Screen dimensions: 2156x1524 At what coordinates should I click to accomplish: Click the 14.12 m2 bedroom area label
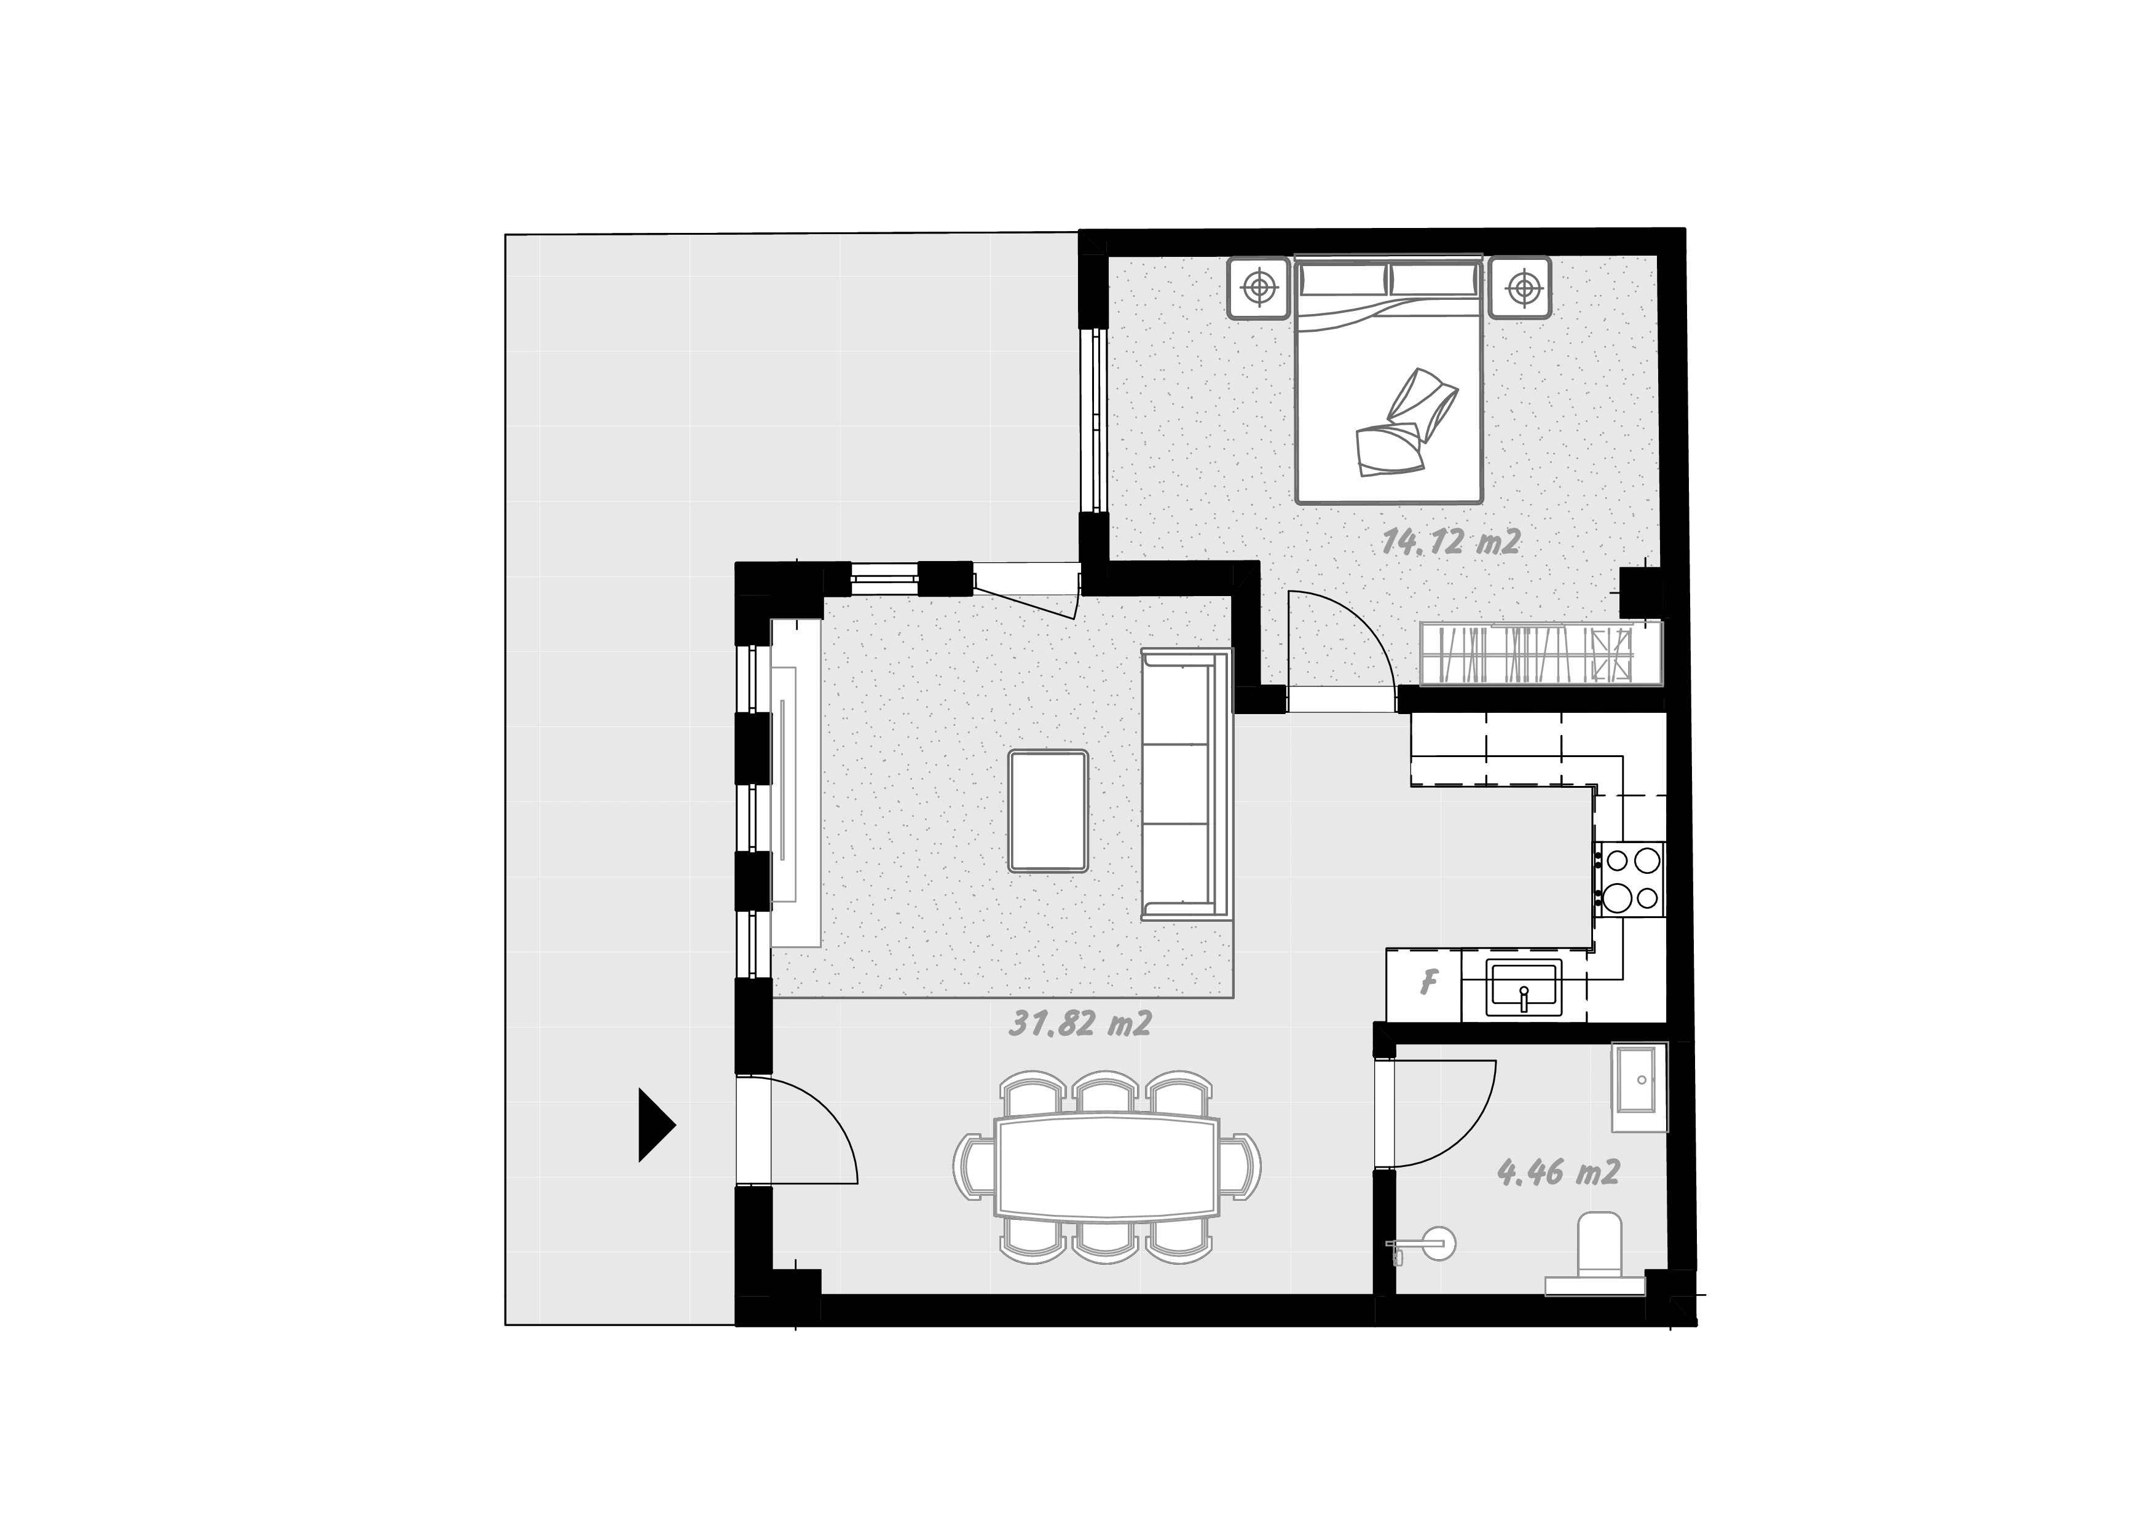1452,542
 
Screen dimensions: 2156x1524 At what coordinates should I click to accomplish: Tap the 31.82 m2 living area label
1080,1023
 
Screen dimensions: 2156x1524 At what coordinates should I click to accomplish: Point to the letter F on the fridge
1428,983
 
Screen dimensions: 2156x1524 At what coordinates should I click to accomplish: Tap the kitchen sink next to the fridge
1523,988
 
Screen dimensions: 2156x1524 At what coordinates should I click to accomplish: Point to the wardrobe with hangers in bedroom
1540,654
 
